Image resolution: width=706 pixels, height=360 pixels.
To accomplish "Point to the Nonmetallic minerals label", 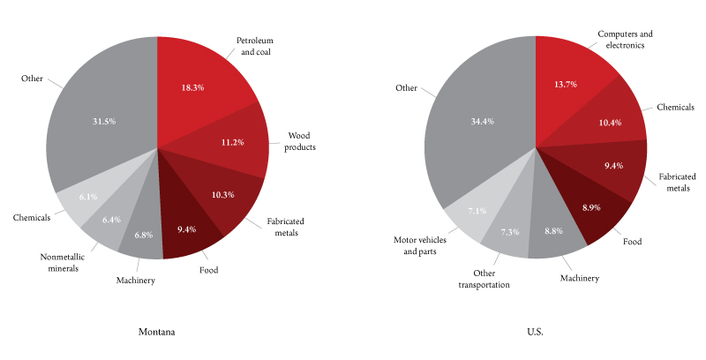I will [62, 262].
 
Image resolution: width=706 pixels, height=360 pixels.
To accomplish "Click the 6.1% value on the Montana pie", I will [87, 198].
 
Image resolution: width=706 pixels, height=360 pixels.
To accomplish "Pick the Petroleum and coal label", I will [256, 46].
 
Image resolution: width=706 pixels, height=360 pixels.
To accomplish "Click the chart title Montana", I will [156, 332].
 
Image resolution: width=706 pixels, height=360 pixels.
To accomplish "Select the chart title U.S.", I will [535, 332].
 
